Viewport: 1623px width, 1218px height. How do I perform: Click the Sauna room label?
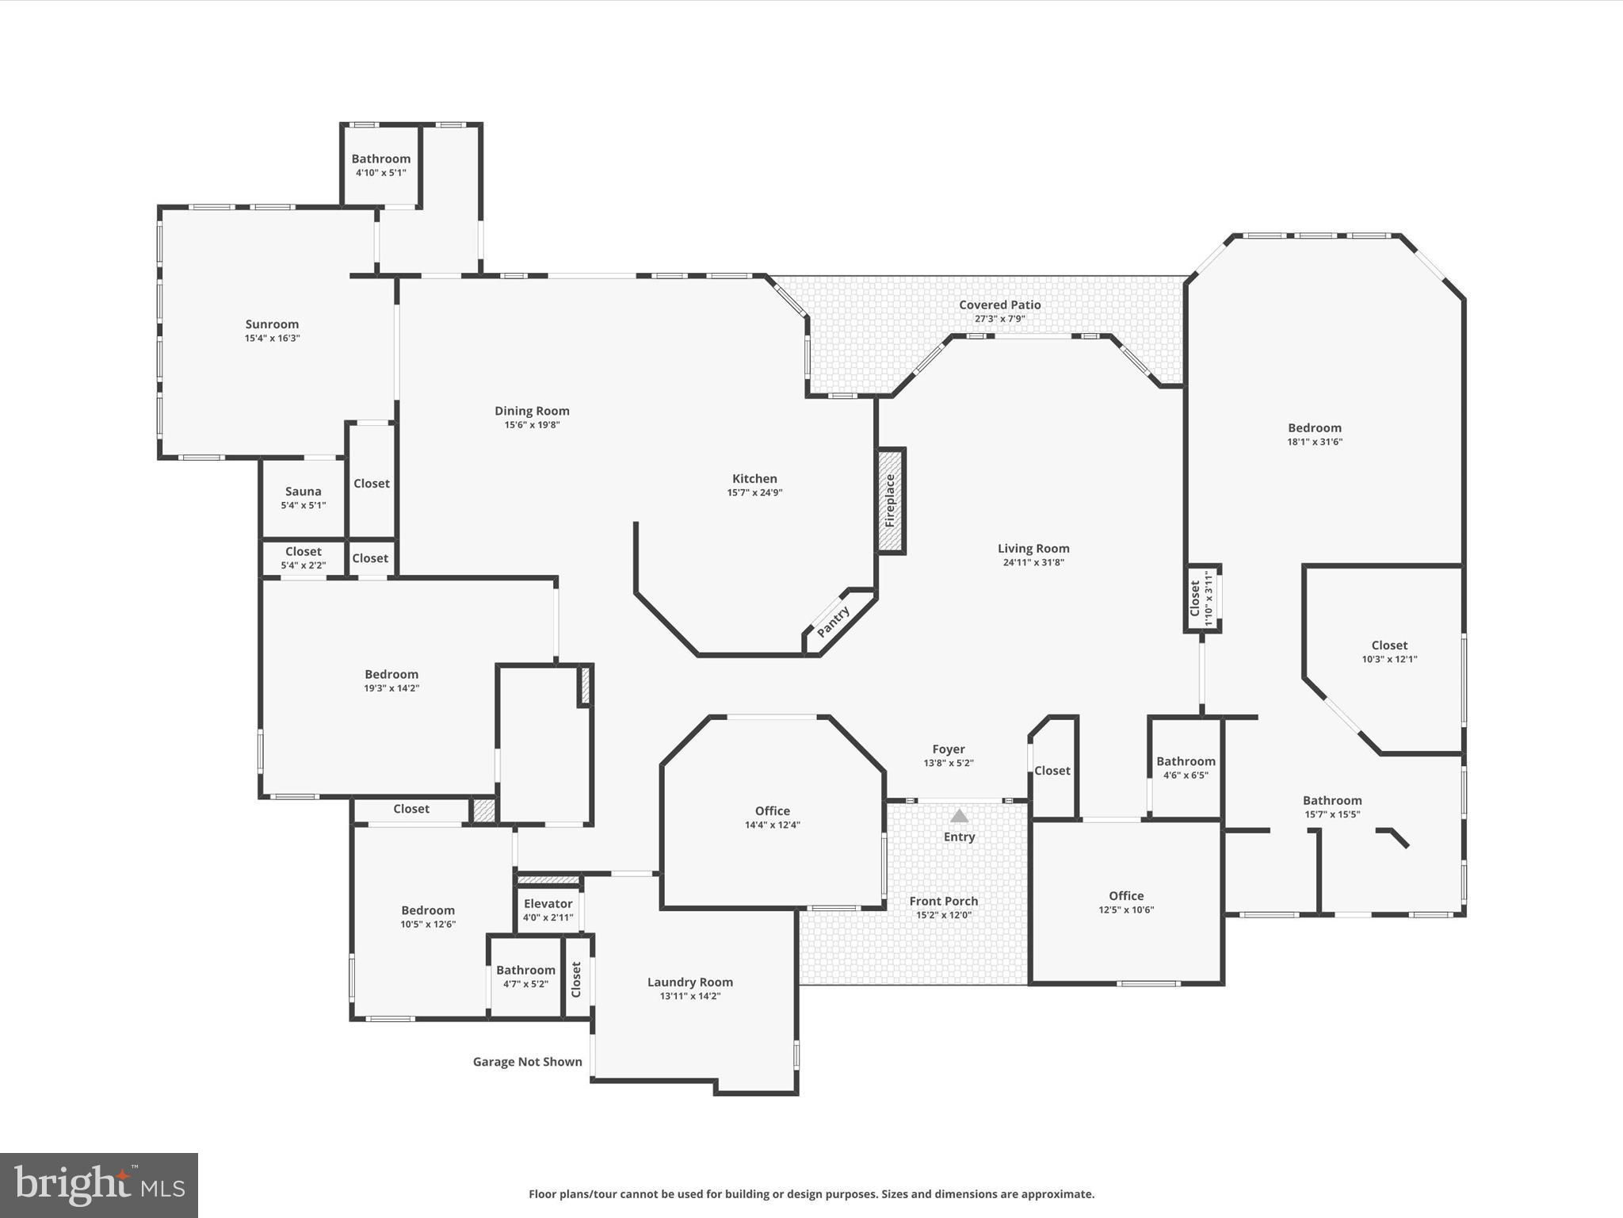(304, 492)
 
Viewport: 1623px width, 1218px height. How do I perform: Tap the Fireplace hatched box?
(891, 500)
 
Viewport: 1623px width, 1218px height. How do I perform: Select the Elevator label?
(548, 904)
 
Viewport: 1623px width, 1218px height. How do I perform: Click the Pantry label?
(833, 622)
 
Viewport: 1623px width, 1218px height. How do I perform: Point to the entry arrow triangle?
(960, 815)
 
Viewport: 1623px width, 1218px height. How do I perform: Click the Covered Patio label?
(1000, 304)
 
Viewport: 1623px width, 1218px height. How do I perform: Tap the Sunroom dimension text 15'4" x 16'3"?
(272, 339)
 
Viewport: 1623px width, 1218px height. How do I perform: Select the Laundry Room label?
(690, 982)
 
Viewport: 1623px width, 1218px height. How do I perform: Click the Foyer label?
(949, 749)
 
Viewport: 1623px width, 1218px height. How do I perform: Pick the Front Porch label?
(944, 901)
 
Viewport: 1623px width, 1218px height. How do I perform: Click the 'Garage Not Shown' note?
(528, 1062)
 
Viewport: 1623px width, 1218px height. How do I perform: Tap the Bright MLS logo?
(99, 1185)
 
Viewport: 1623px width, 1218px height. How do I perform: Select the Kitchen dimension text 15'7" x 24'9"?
(755, 493)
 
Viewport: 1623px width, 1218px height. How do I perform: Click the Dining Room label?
(533, 411)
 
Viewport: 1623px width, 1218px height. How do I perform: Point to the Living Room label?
(1033, 549)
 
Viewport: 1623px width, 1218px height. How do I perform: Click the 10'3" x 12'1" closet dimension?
(1390, 660)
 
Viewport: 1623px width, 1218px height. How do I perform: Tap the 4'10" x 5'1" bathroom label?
(381, 173)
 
